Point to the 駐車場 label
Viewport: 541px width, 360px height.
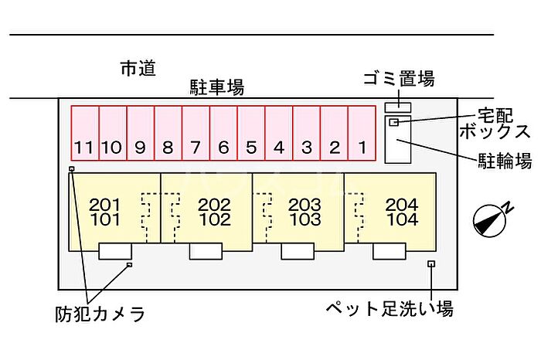pyautogui.click(x=217, y=87)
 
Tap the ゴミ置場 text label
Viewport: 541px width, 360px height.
pyautogui.click(x=398, y=78)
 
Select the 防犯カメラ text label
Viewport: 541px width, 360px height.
pyautogui.click(x=100, y=314)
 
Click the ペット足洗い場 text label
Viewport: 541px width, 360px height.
pyautogui.click(x=388, y=310)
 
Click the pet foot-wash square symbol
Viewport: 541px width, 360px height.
pyautogui.click(x=431, y=264)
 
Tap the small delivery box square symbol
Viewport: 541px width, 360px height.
pyautogui.click(x=393, y=123)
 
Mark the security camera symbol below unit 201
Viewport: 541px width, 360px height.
pyautogui.click(x=129, y=264)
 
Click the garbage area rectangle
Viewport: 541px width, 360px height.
pyautogui.click(x=399, y=105)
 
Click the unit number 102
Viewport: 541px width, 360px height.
pyautogui.click(x=214, y=219)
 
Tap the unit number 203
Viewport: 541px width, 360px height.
pyautogui.click(x=304, y=205)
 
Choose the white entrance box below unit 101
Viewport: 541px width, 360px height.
pyautogui.click(x=115, y=250)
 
